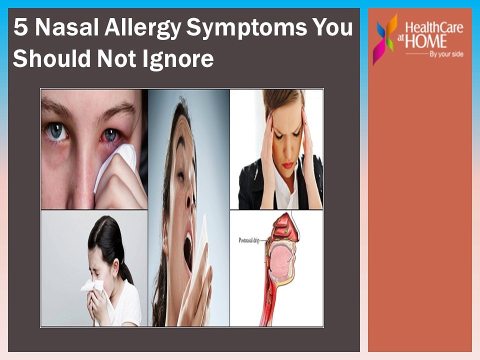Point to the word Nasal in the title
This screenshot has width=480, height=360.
pyautogui.click(x=66, y=27)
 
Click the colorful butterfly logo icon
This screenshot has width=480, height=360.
pyautogui.click(x=385, y=39)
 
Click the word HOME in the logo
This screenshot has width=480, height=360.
pyautogui.click(x=426, y=41)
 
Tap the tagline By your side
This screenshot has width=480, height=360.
pyautogui.click(x=446, y=54)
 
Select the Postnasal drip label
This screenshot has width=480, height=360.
pyautogui.click(x=249, y=240)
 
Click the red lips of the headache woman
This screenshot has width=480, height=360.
pyautogui.click(x=288, y=165)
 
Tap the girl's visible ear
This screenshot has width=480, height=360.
pyautogui.click(x=115, y=266)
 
